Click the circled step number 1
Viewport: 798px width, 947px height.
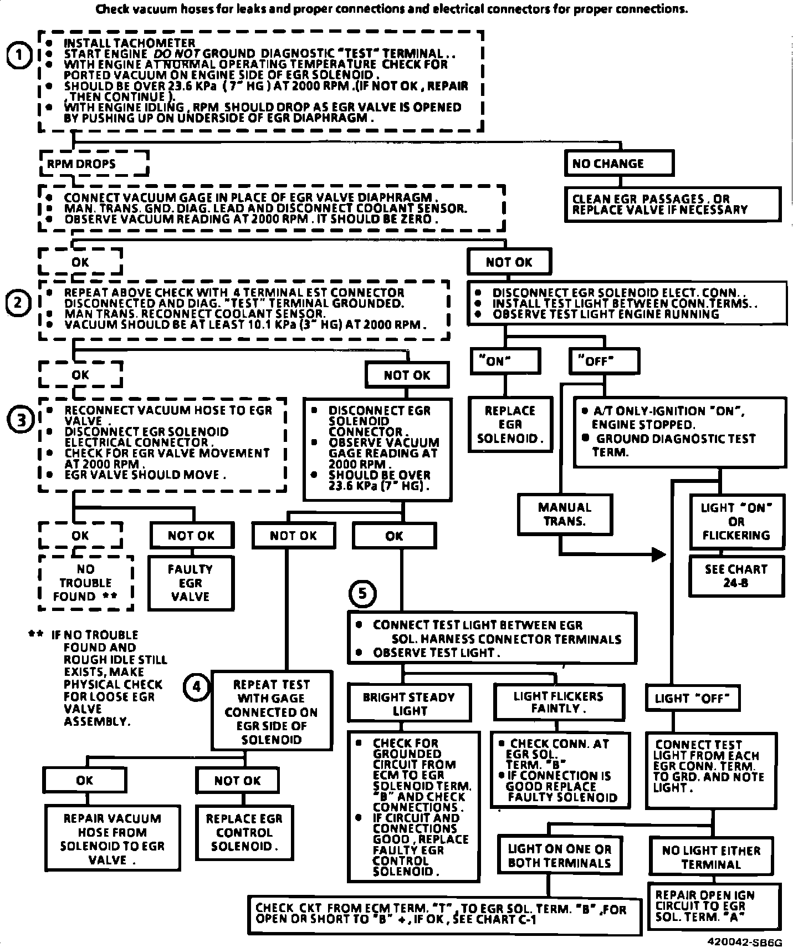(19, 56)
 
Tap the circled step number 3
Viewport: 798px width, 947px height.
(21, 420)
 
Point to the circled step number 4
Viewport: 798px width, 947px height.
(196, 687)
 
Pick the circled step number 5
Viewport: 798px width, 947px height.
(362, 594)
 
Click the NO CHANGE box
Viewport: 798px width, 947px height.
(619, 164)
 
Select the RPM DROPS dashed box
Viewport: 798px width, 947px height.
(94, 164)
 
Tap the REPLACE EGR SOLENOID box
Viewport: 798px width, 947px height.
(510, 425)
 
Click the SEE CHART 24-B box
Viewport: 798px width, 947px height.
(736, 576)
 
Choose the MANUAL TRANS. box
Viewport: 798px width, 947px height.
(565, 514)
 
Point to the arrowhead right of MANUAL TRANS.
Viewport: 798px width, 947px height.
(658, 554)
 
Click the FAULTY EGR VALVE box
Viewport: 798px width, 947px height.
(191, 583)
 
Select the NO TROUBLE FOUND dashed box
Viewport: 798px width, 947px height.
(86, 583)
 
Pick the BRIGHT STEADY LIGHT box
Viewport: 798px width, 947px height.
(409, 704)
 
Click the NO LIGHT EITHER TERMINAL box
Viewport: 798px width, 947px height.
(711, 857)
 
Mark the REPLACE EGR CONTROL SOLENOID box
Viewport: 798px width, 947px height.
(244, 832)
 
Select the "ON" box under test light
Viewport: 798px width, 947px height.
(505, 362)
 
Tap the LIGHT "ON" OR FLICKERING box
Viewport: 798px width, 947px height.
(736, 522)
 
